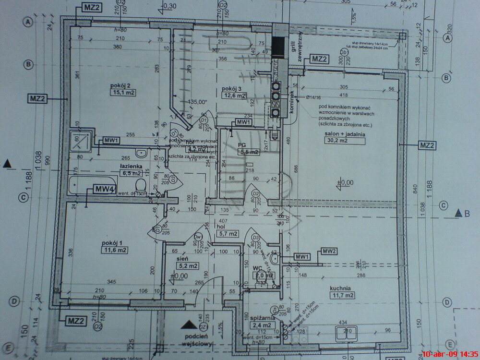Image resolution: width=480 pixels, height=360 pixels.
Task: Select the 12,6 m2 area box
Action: click(234, 96)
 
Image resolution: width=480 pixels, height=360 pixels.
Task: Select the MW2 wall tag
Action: click(329, 251)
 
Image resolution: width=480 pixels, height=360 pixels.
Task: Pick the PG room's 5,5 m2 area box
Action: click(250, 152)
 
